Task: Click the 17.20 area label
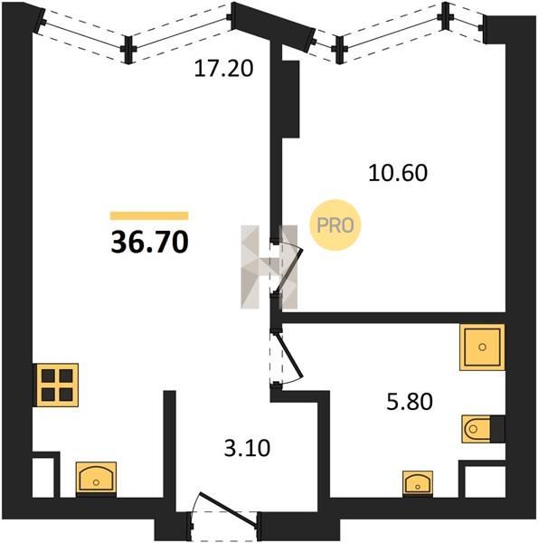coord(223,68)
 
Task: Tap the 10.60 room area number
coord(398,173)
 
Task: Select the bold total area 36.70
coord(149,242)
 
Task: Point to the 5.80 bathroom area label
coord(410,402)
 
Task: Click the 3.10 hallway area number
coord(247,448)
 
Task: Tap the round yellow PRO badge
coord(335,225)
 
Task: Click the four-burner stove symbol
coord(57,385)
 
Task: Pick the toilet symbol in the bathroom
coord(477,429)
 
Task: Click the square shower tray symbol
coord(482,347)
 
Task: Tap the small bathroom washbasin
coord(418,482)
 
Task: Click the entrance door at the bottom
coord(225,510)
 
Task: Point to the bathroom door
coord(287,358)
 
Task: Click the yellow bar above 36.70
coord(149,215)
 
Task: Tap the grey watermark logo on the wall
coord(269,267)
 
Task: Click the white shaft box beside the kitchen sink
coord(43,477)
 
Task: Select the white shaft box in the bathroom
coord(485,482)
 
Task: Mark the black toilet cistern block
coord(497,429)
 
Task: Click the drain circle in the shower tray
coord(482,347)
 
